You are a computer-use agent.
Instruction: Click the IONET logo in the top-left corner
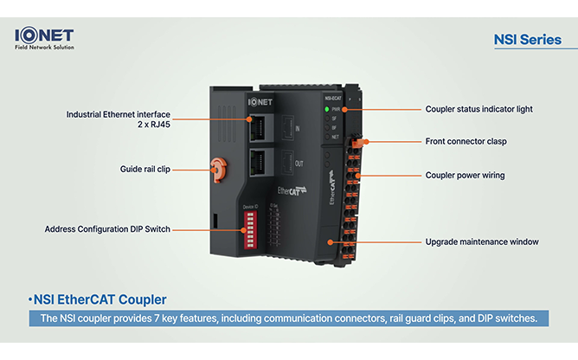[x=44, y=35]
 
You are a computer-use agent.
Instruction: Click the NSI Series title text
[x=527, y=40]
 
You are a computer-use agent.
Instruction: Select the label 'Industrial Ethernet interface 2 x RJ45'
[x=119, y=119]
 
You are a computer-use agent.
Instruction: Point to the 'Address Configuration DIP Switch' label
[x=107, y=228]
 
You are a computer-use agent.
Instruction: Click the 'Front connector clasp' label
[x=466, y=141]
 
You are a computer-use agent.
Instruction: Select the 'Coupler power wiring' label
[x=465, y=175]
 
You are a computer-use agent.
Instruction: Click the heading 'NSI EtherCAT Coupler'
[x=98, y=299]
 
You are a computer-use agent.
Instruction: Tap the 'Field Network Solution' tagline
[x=44, y=47]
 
